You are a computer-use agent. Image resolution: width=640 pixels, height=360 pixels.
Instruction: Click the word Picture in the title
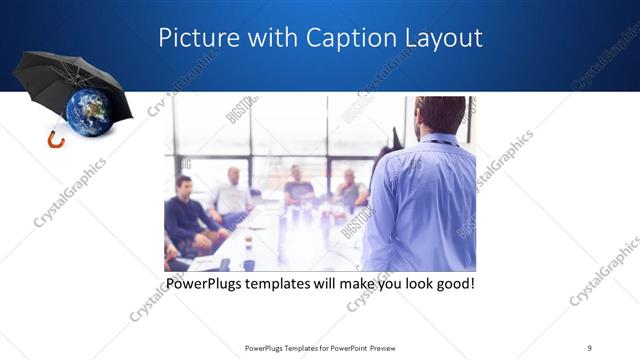pos(196,39)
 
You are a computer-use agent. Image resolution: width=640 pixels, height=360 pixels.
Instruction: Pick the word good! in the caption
pos(451,284)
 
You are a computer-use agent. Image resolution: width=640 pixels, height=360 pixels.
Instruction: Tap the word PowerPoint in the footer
pos(348,347)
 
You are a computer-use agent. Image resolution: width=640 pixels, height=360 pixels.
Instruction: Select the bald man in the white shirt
pos(233,192)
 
